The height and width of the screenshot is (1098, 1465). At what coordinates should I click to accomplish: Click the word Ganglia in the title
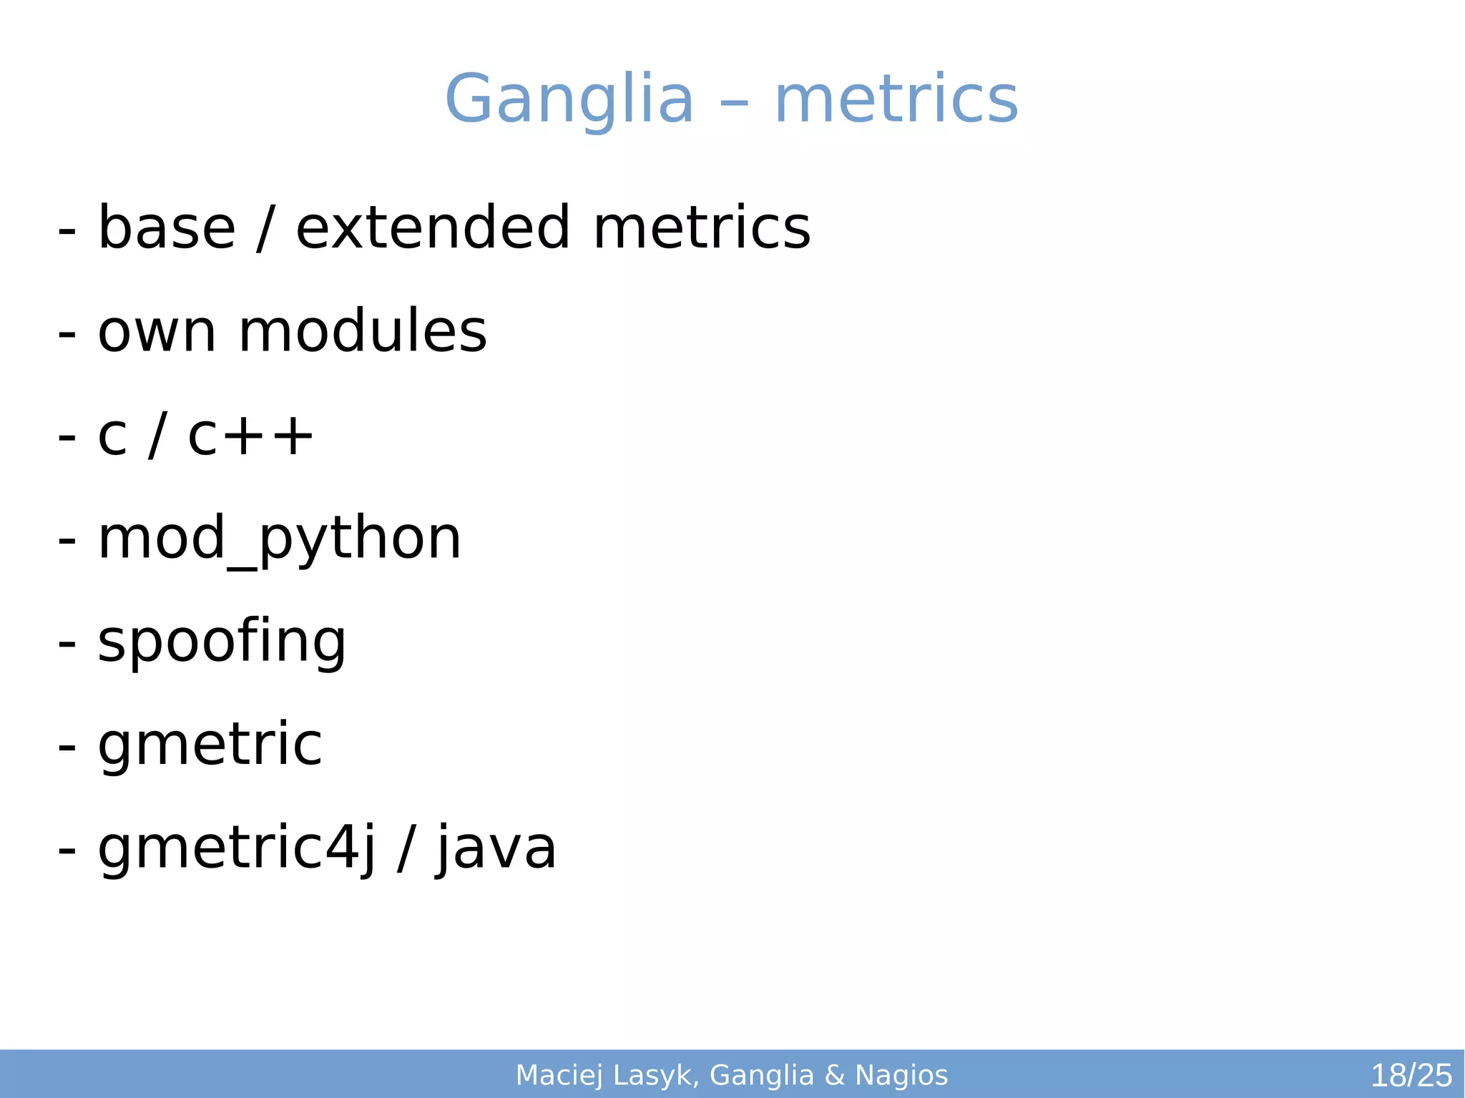[569, 99]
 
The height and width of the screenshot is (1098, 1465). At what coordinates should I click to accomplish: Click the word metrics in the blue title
[896, 99]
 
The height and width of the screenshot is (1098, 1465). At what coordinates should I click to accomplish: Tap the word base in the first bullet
[166, 228]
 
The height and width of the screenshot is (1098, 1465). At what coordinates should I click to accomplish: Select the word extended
[433, 228]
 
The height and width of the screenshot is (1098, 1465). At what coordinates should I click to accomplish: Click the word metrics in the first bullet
[702, 228]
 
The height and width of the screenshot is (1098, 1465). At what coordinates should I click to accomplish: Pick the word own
[157, 332]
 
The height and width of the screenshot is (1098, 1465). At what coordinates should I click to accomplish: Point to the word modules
[363, 332]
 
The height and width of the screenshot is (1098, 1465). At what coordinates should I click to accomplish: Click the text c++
[250, 436]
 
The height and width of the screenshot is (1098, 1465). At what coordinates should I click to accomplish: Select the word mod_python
[280, 539]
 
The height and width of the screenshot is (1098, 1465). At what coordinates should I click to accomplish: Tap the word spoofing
[222, 642]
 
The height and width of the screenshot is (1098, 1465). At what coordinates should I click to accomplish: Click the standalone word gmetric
[210, 746]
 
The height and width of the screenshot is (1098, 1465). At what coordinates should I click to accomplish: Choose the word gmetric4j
[236, 849]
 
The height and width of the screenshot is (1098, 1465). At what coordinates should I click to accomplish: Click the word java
[496, 849]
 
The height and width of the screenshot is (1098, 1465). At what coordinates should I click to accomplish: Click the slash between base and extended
[265, 228]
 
